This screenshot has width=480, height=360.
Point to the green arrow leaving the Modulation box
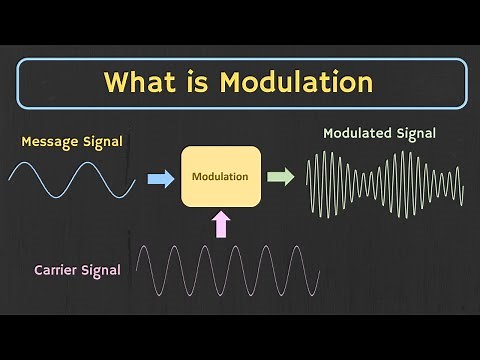click(281, 177)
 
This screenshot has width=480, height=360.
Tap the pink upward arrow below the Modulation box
click(221, 225)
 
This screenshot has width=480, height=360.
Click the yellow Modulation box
click(221, 176)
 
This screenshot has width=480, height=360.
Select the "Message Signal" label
click(72, 142)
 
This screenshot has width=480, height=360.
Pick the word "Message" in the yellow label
click(50, 142)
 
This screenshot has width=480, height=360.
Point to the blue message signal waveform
click(72, 178)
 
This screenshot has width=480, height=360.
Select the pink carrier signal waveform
click(228, 269)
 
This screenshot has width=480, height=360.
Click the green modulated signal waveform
click(385, 182)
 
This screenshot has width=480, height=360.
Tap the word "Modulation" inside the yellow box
click(221, 177)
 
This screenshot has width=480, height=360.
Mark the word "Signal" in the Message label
click(101, 142)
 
